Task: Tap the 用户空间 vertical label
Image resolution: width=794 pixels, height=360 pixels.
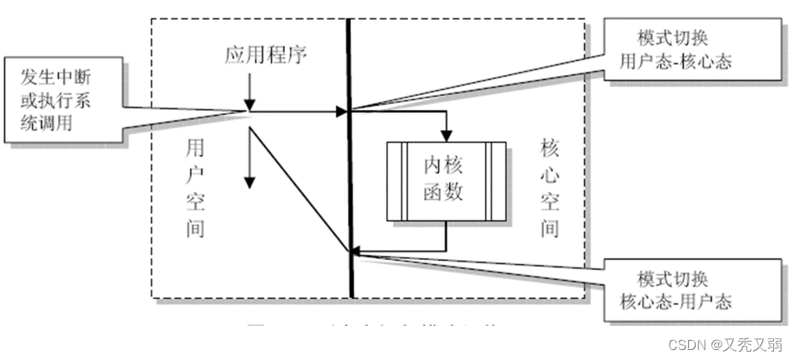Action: click(197, 188)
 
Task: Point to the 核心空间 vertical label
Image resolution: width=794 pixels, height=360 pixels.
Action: click(549, 188)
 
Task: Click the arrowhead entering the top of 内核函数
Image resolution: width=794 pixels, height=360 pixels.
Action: click(447, 135)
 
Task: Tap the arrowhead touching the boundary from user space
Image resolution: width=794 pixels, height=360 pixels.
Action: click(342, 110)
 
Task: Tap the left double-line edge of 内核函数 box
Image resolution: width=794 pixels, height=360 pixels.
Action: click(393, 181)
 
